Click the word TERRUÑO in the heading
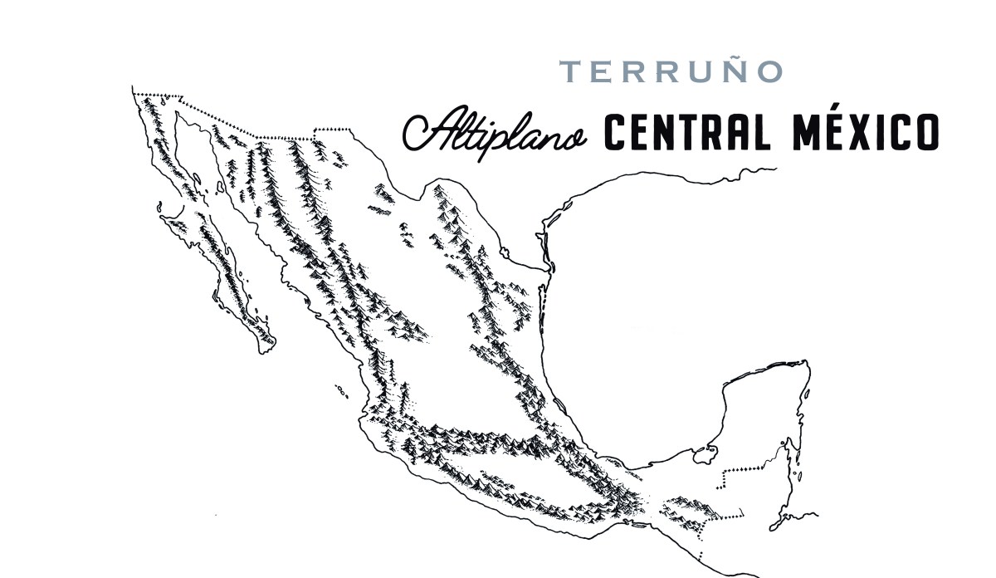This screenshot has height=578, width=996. (671, 71)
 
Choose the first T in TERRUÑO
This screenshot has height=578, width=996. (569, 72)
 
